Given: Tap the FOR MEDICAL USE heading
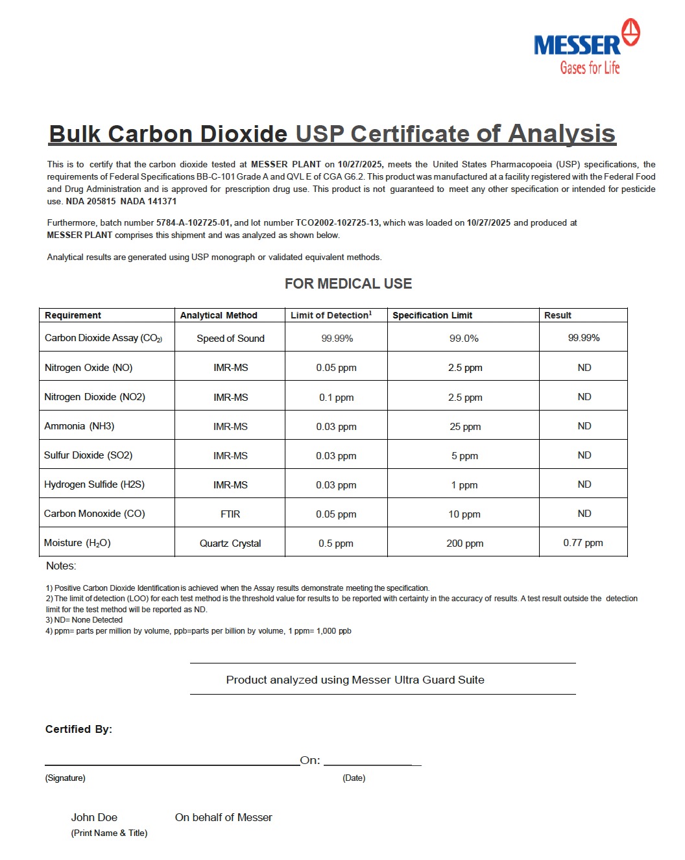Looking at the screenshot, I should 348,283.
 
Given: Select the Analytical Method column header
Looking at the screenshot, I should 219,315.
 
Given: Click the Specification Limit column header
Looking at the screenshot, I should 432,315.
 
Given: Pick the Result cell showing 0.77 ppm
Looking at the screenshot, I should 583,543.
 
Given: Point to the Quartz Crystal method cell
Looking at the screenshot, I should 230,543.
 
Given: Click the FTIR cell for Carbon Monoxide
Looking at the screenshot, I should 230,514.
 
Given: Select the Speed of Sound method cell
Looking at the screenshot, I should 230,339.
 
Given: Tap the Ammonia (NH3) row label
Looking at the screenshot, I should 79,426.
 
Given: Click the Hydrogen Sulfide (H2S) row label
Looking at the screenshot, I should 94,484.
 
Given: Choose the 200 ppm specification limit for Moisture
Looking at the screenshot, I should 464,543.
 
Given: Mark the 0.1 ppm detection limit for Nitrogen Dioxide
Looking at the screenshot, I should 336,398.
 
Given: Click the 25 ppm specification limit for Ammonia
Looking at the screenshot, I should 465,427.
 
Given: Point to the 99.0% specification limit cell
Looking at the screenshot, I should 464,339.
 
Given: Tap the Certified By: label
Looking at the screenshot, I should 78,729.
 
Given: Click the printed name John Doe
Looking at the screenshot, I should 94,817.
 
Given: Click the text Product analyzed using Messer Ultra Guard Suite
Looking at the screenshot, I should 355,680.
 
